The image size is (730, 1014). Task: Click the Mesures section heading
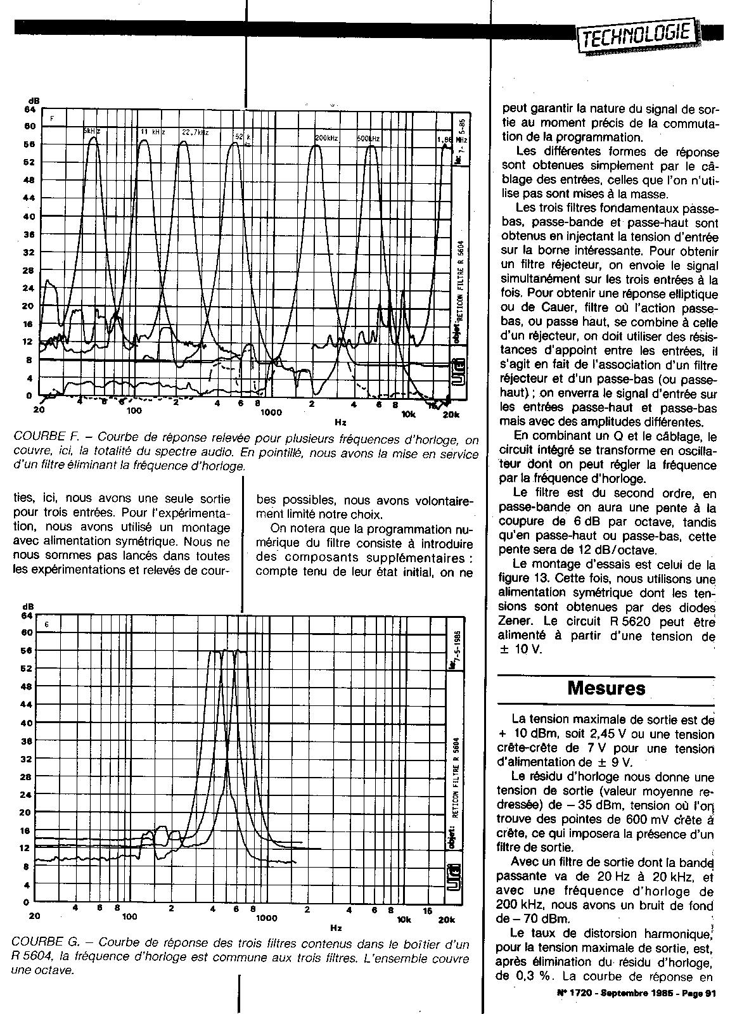606,688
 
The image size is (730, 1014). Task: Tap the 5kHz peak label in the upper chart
91,131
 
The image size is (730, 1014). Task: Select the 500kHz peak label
368,138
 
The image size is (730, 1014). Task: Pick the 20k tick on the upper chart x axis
451,414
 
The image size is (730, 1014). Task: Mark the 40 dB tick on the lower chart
27,722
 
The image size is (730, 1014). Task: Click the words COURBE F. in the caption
44,438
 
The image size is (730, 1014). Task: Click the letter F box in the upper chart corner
53,119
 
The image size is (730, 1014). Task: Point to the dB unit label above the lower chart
27,607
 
